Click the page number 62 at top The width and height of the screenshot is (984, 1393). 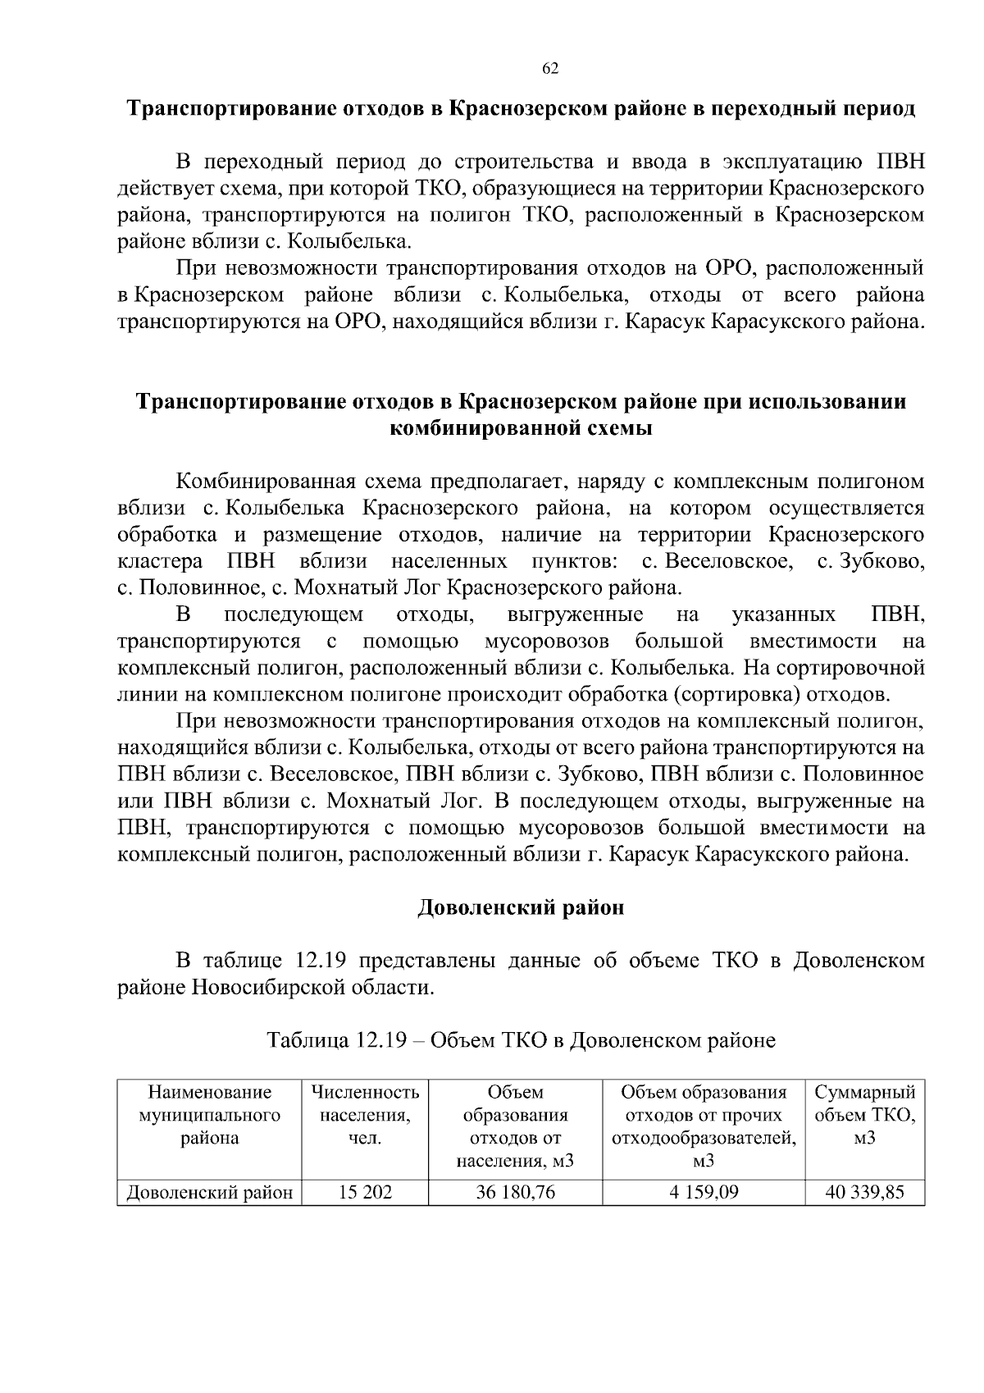click(550, 69)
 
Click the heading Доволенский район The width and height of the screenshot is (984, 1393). click(521, 908)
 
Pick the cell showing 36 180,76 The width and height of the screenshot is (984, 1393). click(515, 1192)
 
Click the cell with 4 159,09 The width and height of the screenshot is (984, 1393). click(703, 1192)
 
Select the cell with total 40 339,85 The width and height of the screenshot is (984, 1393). click(864, 1192)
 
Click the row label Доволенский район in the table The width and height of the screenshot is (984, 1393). click(209, 1193)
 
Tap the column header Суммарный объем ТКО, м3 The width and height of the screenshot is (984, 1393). click(864, 1115)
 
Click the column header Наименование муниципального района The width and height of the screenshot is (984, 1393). click(209, 1115)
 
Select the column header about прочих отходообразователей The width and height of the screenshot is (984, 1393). click(703, 1126)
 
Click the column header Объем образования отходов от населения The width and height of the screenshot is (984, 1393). click(515, 1126)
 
